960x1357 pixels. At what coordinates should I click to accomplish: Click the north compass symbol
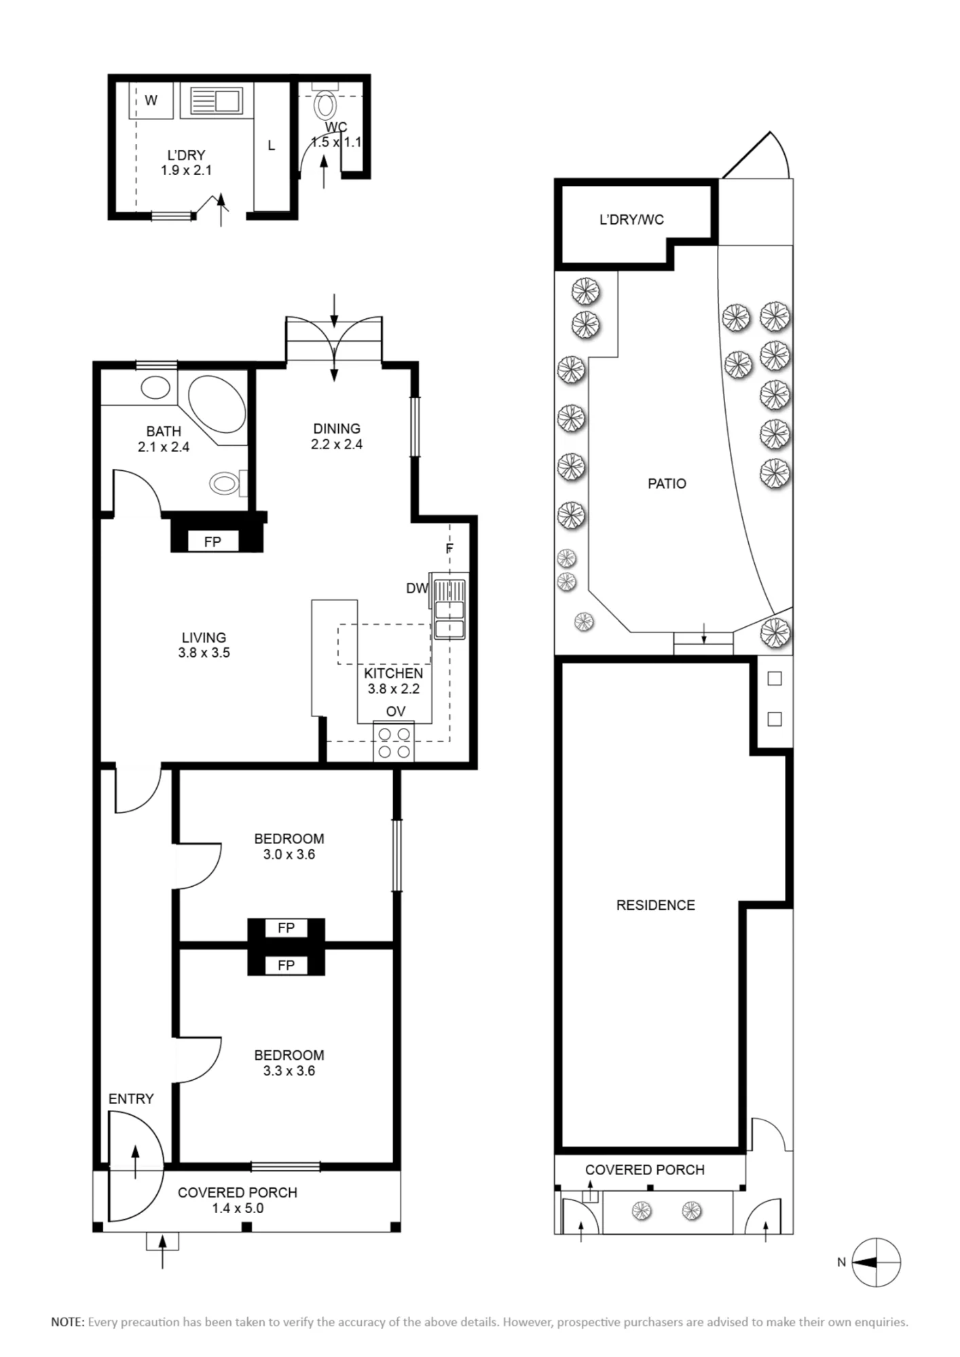coord(876,1262)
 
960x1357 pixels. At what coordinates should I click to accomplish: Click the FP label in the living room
coord(213,541)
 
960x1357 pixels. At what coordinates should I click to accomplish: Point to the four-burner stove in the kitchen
coord(394,742)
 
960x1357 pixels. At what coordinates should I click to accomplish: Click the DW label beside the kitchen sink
coord(417,588)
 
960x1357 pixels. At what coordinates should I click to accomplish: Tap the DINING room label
coord(337,429)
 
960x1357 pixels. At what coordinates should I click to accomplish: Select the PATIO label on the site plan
coord(667,484)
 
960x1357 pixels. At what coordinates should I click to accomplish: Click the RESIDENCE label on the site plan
coord(656,905)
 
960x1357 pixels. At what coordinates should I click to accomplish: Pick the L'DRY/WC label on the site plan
coord(631,220)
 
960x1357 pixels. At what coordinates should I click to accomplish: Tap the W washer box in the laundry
coord(151,100)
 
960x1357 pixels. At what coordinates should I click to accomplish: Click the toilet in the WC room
coord(326,104)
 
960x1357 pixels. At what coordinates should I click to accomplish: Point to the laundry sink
coord(216,101)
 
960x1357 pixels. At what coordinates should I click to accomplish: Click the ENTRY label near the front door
coord(131,1098)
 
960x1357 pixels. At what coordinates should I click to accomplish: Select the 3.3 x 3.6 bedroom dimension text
coord(289,1071)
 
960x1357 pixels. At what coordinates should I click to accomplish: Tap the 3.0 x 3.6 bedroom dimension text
coord(289,854)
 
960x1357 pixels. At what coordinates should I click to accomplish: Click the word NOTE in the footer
coord(67,1322)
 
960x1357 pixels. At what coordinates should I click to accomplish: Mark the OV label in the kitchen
coord(396,711)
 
